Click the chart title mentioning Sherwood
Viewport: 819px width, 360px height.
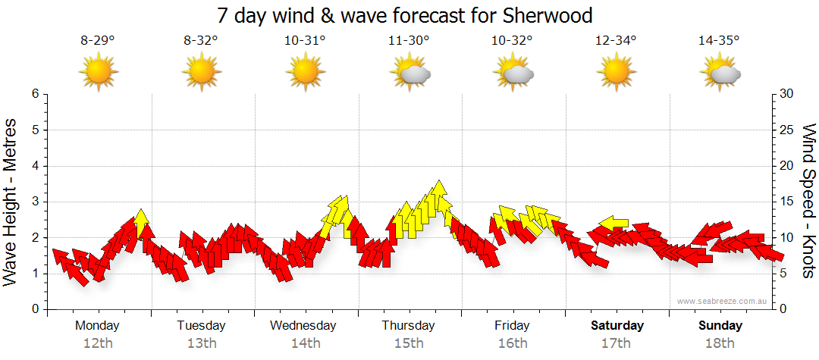click(x=404, y=15)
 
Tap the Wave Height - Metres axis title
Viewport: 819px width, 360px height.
click(x=11, y=202)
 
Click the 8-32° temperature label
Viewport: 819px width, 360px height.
click(x=201, y=42)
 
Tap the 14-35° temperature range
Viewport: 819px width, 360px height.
click(x=719, y=42)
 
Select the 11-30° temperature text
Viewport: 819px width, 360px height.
click(x=409, y=42)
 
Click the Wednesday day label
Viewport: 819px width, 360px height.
click(x=303, y=325)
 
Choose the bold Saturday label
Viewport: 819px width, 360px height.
click(x=617, y=325)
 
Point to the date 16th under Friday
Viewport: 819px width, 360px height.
click(x=513, y=343)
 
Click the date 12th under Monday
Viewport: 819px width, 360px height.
click(x=98, y=343)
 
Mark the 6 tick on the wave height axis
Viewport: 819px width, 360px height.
click(x=34, y=94)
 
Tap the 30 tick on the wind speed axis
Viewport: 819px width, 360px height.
click(x=787, y=94)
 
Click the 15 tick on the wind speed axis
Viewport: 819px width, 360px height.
click(x=787, y=202)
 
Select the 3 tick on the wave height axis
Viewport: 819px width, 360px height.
click(x=34, y=202)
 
